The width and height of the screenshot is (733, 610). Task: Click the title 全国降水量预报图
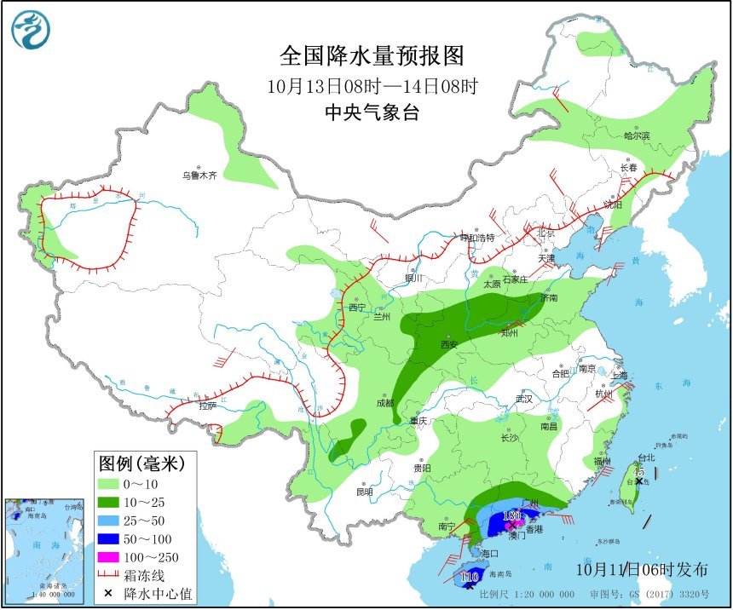[x=372, y=56]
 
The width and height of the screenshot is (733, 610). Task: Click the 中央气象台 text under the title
[x=372, y=112]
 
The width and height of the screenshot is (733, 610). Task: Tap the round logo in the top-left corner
[x=31, y=31]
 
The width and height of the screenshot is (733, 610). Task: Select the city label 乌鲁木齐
[x=199, y=176]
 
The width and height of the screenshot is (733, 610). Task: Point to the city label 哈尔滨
[x=636, y=135]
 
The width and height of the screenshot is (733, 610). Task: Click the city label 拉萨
[x=208, y=406]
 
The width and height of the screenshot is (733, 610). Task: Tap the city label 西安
[x=449, y=345]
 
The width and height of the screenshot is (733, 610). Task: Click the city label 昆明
[x=365, y=492]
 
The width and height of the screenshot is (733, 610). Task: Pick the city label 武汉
[x=523, y=398]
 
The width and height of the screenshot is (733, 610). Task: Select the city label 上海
[x=619, y=375]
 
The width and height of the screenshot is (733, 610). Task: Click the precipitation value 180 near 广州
[x=511, y=515]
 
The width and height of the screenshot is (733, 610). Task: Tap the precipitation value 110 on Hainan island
[x=469, y=578]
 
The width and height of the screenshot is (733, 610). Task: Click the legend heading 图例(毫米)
[x=141, y=463]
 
